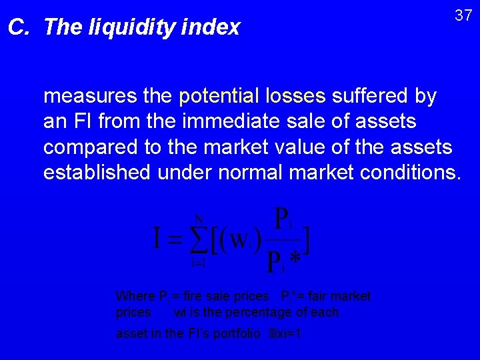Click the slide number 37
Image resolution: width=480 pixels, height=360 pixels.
click(463, 15)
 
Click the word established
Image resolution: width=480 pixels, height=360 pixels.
click(97, 173)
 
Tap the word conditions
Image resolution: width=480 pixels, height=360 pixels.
click(409, 173)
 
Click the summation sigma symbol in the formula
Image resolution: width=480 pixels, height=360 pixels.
click(198, 239)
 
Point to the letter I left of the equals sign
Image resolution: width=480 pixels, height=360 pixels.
click(158, 239)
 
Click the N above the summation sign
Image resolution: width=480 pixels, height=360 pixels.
click(199, 218)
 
